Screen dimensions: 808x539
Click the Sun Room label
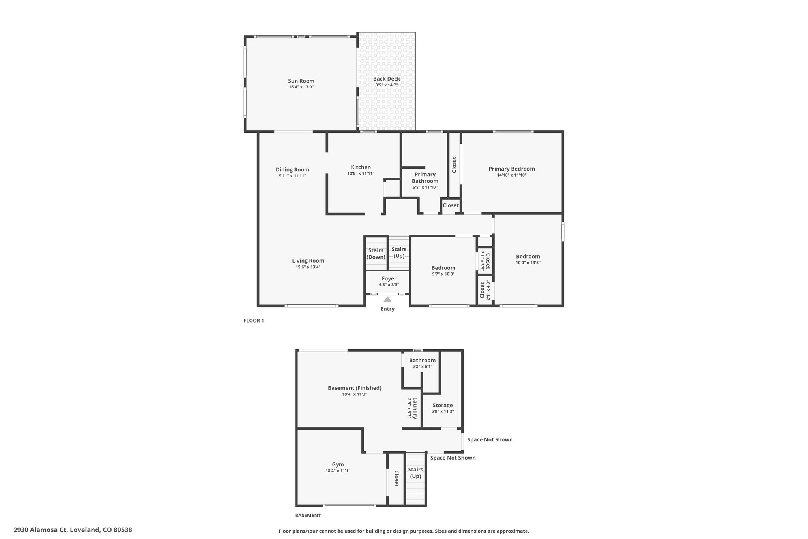(x=301, y=81)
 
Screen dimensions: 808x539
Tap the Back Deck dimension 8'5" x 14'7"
(x=386, y=85)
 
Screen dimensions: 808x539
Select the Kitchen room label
(x=361, y=167)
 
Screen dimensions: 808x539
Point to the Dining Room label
(x=292, y=170)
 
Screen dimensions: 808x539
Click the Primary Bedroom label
(x=512, y=169)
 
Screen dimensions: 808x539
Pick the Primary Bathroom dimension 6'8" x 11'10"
(x=425, y=187)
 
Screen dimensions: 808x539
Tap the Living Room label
(x=308, y=261)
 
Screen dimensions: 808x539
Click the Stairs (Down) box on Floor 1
(x=376, y=253)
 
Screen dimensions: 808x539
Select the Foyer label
(x=389, y=279)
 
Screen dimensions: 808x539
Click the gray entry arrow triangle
(x=387, y=299)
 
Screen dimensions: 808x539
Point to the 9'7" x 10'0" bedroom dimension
(x=443, y=274)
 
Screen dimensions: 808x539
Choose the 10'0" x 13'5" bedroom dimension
(x=528, y=263)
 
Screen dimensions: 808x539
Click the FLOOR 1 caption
(x=254, y=321)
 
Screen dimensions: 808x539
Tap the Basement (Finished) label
(x=355, y=388)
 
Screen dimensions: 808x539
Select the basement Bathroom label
(x=422, y=360)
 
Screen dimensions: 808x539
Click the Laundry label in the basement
(x=415, y=408)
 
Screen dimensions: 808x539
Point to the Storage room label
(x=442, y=405)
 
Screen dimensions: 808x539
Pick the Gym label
(x=338, y=464)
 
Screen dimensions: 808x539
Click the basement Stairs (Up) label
(x=415, y=473)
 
